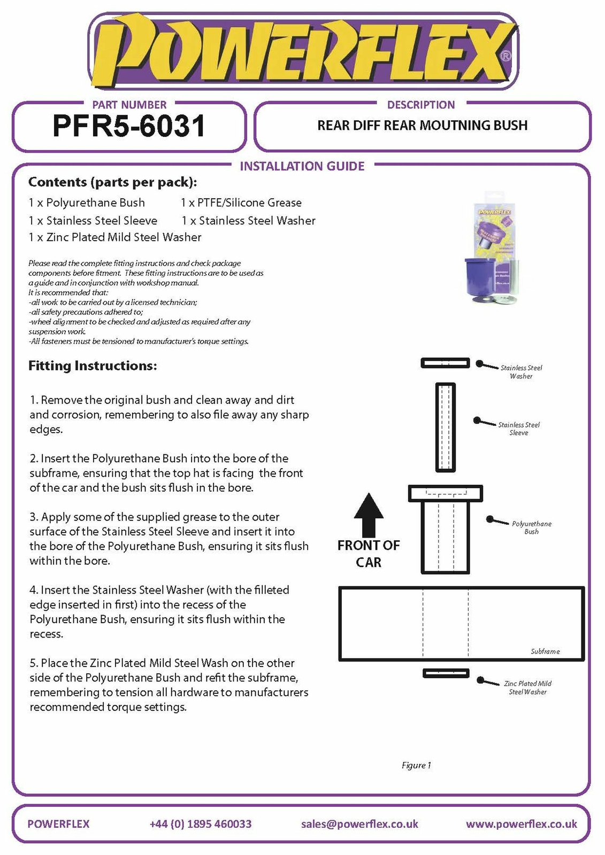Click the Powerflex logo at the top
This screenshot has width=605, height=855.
click(x=303, y=51)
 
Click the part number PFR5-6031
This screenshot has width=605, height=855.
click(x=129, y=126)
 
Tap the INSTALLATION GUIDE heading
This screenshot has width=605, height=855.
click(x=302, y=166)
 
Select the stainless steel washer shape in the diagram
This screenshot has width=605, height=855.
click(x=445, y=363)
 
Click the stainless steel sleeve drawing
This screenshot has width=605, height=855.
click(x=445, y=427)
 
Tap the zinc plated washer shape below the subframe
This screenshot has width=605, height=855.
click(x=446, y=673)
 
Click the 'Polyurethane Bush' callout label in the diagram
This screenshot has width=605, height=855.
click(x=531, y=527)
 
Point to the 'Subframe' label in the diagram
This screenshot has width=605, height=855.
click(x=545, y=651)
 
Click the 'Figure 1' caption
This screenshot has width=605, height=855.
click(x=416, y=765)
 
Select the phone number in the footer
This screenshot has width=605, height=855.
click(x=201, y=824)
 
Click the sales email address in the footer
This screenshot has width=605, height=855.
click(x=359, y=824)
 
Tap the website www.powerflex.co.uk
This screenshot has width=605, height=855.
click(x=522, y=824)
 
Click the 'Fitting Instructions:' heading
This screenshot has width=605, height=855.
click(x=93, y=366)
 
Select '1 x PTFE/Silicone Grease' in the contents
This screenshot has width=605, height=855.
click(x=241, y=203)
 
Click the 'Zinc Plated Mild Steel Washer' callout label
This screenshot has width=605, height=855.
click(x=527, y=688)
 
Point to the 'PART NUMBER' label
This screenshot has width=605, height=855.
click(x=129, y=105)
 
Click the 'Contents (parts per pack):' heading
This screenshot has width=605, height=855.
click(x=113, y=182)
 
